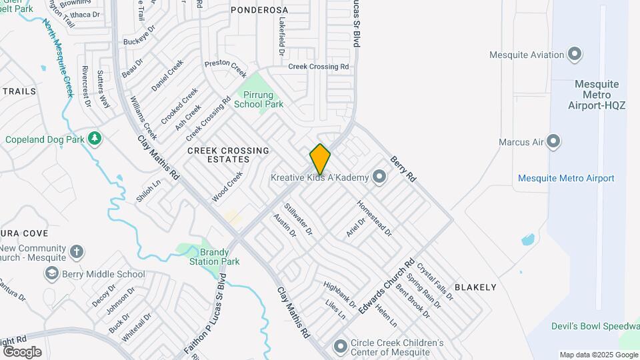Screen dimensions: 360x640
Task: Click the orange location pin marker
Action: (320, 159)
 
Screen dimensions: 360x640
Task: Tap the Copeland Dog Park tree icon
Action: (95, 138)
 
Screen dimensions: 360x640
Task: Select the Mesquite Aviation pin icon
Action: (574, 55)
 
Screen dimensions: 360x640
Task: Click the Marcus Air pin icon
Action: (553, 141)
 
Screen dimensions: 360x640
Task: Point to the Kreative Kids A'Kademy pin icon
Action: (379, 177)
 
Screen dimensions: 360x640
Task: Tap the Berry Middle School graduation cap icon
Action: (51, 274)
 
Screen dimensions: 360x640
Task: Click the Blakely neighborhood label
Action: (475, 287)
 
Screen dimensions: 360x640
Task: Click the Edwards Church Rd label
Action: (386, 287)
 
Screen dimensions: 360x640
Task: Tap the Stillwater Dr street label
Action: (298, 219)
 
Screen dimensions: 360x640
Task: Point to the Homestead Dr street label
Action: (374, 218)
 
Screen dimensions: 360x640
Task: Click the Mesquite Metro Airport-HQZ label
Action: (597, 95)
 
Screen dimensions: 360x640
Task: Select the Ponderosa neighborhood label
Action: (259, 10)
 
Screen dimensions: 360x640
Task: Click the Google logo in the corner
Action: (22, 351)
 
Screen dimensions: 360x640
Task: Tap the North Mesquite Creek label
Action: (58, 58)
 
